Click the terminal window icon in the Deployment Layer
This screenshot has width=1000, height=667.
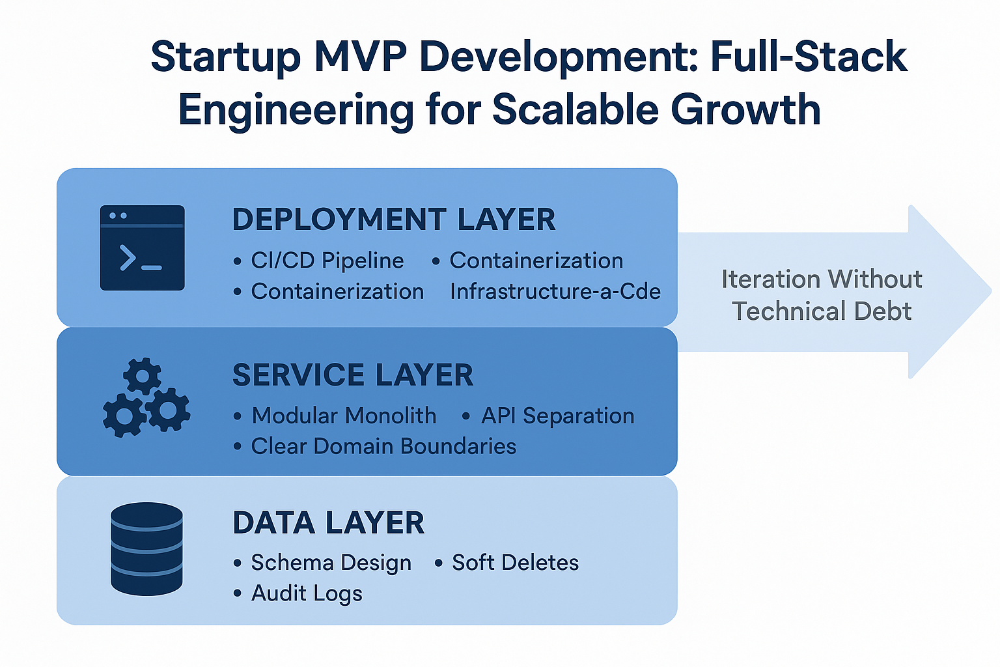click(142, 248)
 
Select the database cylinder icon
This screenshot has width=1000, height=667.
click(146, 548)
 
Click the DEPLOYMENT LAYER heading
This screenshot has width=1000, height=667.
click(394, 220)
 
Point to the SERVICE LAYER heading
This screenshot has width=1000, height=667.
click(353, 375)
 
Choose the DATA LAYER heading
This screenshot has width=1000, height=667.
click(329, 523)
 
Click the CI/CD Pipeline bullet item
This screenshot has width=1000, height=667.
click(327, 261)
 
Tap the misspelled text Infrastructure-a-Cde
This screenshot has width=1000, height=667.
click(555, 291)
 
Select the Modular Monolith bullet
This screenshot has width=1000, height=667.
click(344, 416)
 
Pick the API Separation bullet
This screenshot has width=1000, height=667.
click(557, 416)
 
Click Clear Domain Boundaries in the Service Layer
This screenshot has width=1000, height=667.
click(383, 446)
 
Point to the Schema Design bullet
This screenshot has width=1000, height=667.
click(331, 563)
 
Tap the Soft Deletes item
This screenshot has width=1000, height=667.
click(515, 563)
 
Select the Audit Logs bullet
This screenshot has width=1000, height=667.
click(307, 593)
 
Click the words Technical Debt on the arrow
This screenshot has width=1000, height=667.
click(822, 311)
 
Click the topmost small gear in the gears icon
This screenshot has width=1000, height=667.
click(142, 376)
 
